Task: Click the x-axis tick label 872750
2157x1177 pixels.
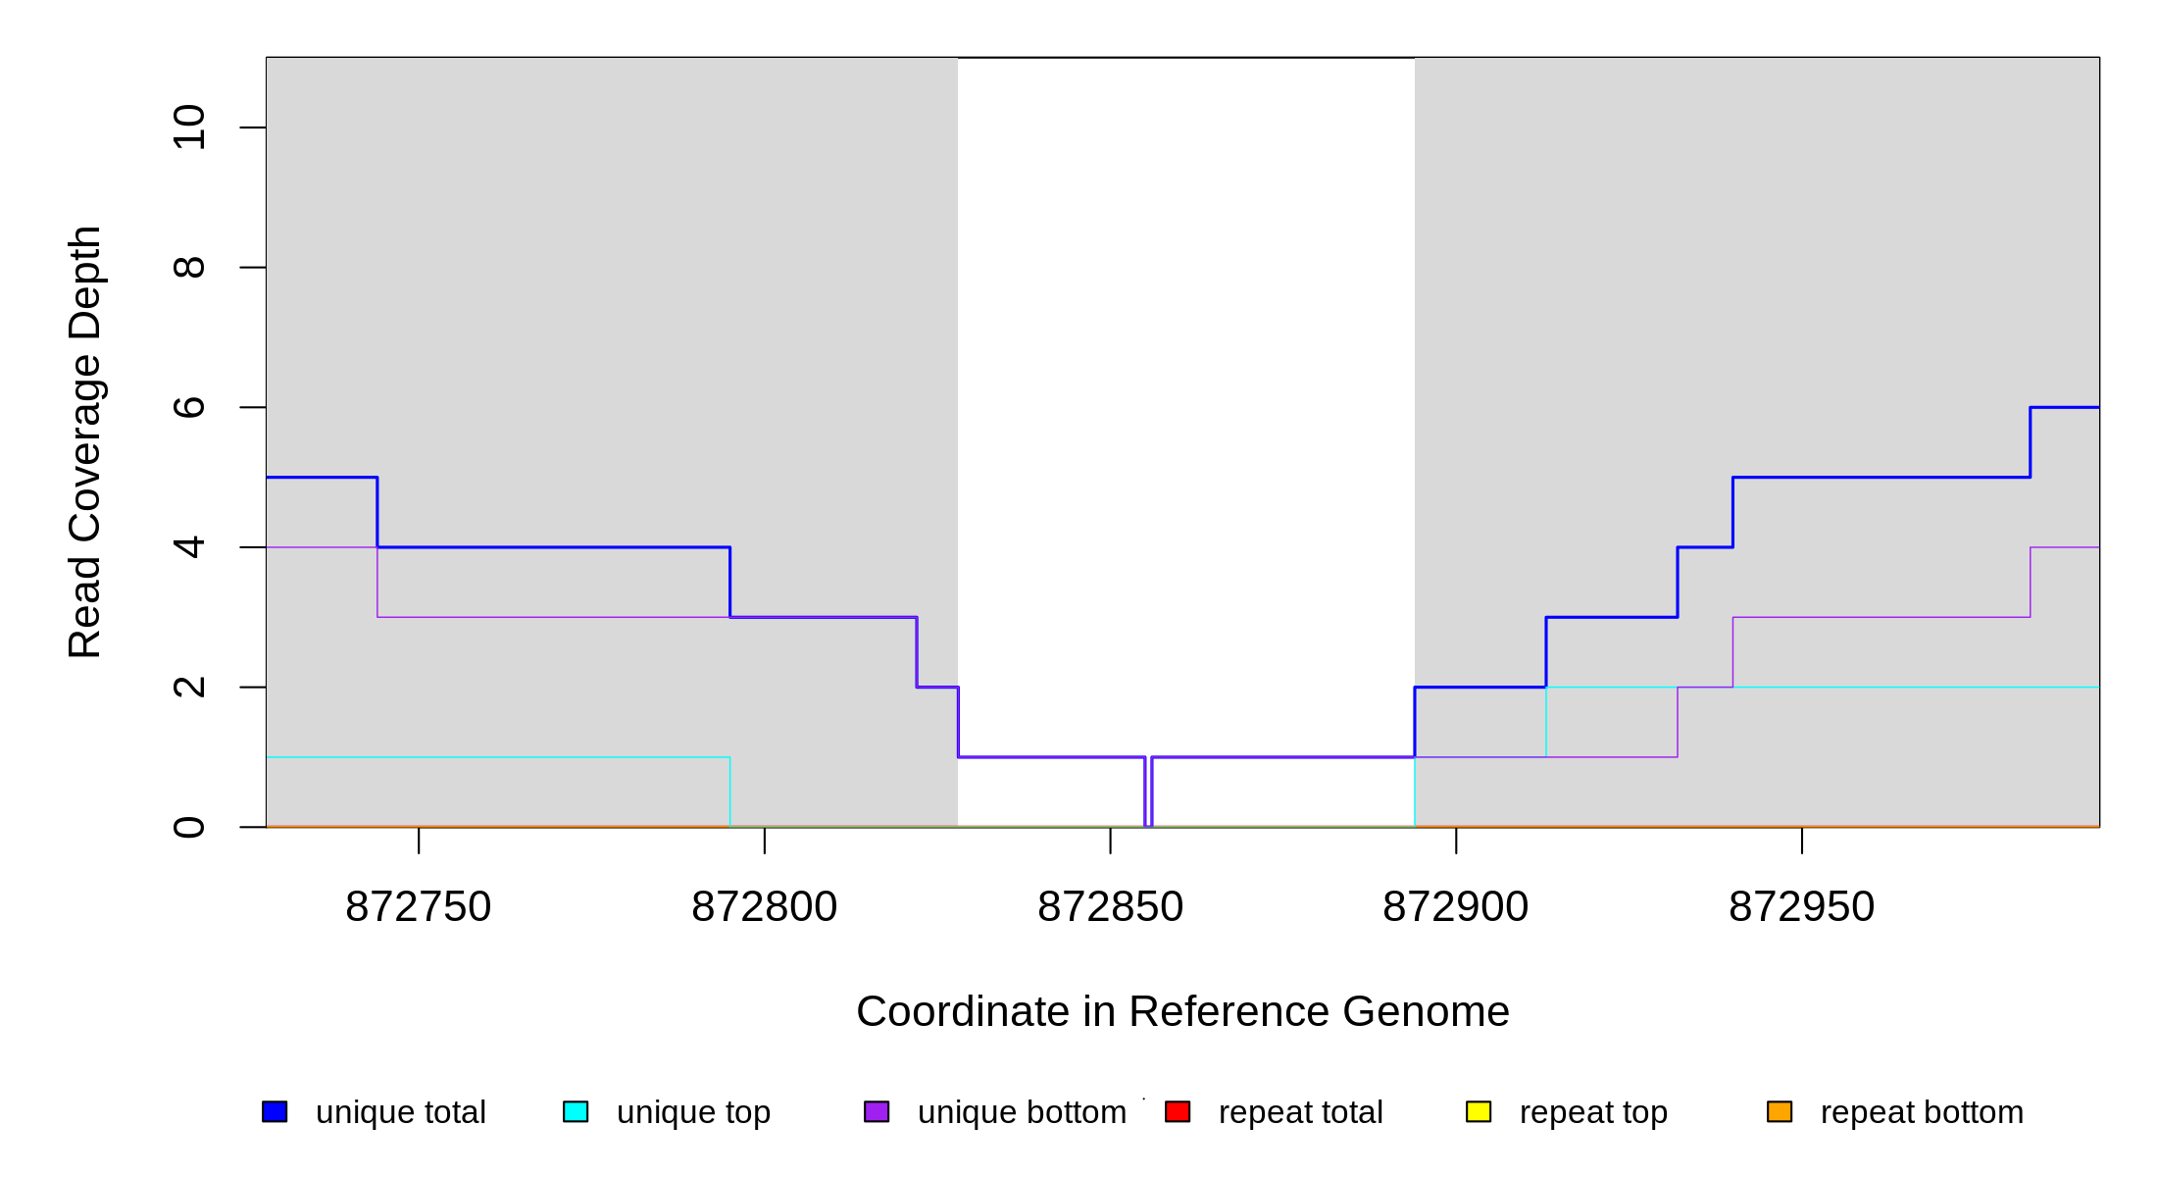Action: [x=419, y=907]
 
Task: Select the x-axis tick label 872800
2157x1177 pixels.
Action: [x=765, y=907]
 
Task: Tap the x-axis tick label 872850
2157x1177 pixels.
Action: [x=1110, y=907]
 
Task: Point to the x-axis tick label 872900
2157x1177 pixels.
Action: [x=1456, y=907]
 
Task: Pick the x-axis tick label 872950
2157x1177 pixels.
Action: [x=1802, y=907]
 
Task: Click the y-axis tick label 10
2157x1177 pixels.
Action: [x=189, y=128]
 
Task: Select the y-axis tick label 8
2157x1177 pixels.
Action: [x=189, y=268]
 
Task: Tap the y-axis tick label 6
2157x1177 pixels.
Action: [x=189, y=407]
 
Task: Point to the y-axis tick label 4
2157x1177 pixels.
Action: [x=189, y=547]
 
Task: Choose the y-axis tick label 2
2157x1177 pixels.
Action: [x=189, y=687]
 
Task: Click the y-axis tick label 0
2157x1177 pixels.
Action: [x=189, y=827]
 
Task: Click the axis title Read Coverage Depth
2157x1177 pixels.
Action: [x=85, y=441]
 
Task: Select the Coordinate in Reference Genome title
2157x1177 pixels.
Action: [x=1182, y=1011]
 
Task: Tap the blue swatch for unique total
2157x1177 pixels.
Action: [x=275, y=1111]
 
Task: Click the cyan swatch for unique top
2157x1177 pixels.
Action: [x=576, y=1111]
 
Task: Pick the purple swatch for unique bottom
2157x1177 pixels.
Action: [x=877, y=1111]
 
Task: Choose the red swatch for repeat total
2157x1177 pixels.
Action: [x=1178, y=1111]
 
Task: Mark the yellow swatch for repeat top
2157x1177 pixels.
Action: [x=1479, y=1111]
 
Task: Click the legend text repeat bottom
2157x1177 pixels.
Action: [x=1922, y=1112]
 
